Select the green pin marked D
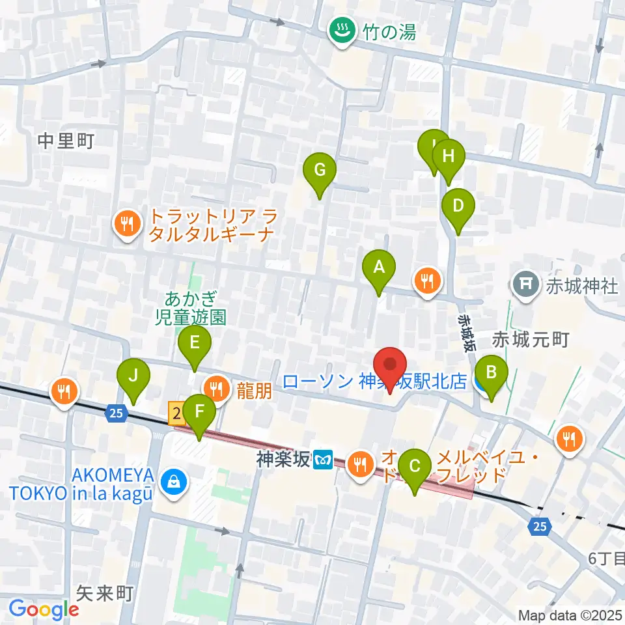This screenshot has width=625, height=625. click(458, 207)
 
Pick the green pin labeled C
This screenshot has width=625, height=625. click(414, 467)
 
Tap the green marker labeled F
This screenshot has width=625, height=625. click(199, 413)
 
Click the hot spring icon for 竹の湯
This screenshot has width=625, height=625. click(339, 30)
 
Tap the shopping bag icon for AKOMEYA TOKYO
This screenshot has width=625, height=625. click(173, 482)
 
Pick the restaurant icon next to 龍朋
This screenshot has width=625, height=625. click(216, 389)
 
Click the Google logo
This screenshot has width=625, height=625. click(44, 609)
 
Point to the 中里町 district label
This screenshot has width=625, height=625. click(66, 141)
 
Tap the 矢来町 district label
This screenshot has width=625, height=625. click(104, 592)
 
